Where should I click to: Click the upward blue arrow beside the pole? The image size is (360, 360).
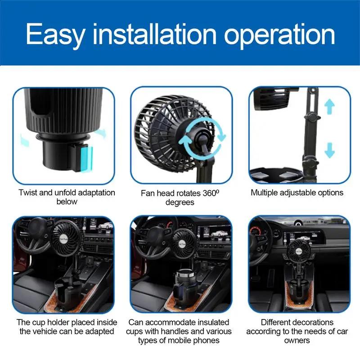tap(330, 107)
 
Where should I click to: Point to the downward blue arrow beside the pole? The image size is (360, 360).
tap(330, 149)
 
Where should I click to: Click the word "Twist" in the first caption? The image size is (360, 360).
tap(28, 193)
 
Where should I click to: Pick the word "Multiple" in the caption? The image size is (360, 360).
tap(266, 193)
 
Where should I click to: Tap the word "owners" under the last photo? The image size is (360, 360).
tap(298, 340)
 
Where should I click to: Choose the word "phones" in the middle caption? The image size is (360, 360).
tap(206, 340)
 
